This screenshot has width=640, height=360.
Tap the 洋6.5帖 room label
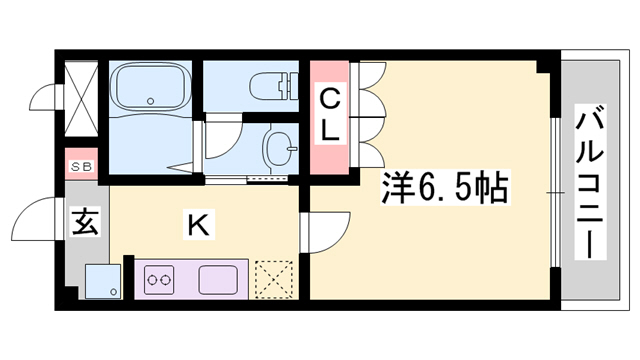pos(446,187)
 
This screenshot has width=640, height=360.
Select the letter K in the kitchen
pos(199,227)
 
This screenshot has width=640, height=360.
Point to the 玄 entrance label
pos(84,222)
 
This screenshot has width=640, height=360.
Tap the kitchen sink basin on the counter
pos(218,278)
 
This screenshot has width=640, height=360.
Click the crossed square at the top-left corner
pos(81,95)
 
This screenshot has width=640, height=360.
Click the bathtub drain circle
pos(151,100)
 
